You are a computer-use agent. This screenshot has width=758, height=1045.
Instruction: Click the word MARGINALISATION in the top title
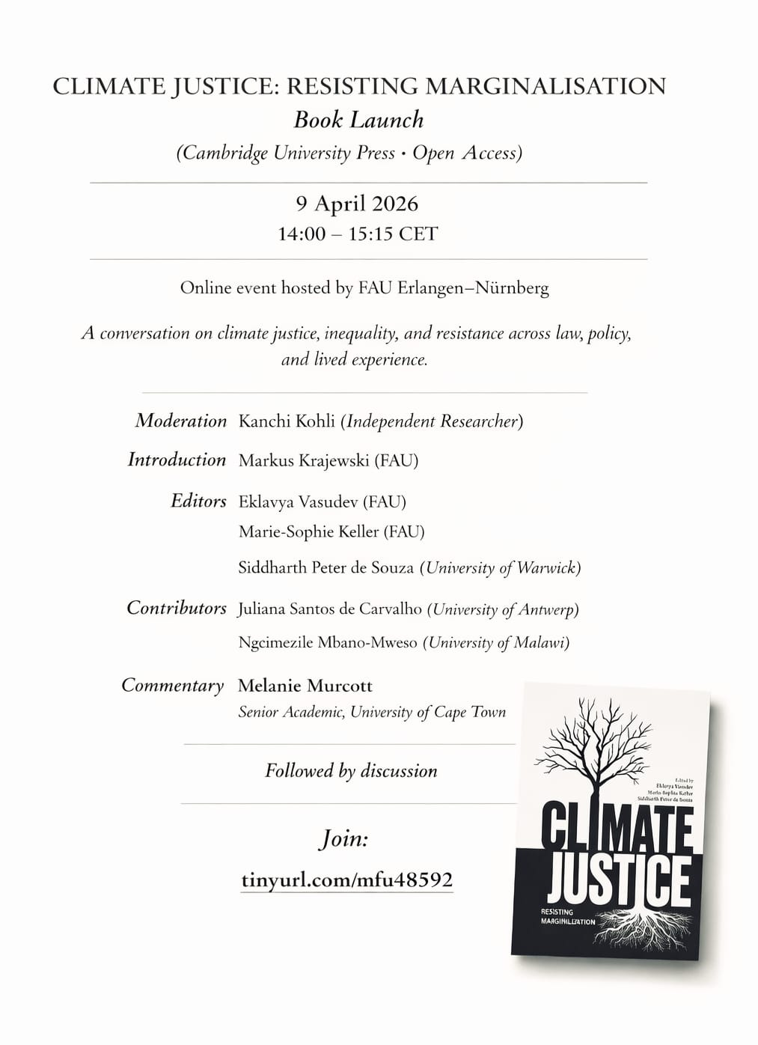[545, 87]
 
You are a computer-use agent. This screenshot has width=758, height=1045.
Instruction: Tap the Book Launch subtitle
[358, 120]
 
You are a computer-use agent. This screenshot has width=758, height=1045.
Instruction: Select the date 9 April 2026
[357, 204]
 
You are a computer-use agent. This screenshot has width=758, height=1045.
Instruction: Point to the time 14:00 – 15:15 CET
[357, 234]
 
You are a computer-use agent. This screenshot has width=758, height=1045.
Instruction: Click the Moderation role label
[180, 421]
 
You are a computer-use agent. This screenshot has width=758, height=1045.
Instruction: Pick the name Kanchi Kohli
[287, 421]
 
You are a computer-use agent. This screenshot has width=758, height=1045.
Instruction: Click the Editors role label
[198, 501]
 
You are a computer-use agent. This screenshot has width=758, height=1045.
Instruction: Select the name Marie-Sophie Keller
[308, 531]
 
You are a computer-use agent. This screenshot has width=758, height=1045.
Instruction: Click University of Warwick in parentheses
[500, 567]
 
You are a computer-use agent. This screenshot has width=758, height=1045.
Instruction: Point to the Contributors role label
[177, 608]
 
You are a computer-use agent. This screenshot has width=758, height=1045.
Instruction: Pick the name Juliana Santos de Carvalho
[330, 609]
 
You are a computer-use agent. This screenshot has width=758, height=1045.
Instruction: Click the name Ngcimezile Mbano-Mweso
[328, 642]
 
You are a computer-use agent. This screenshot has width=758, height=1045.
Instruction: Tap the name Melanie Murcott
[305, 686]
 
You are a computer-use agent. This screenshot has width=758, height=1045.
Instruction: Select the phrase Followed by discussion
[351, 771]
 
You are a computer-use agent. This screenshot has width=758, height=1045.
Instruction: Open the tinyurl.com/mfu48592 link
[347, 880]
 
